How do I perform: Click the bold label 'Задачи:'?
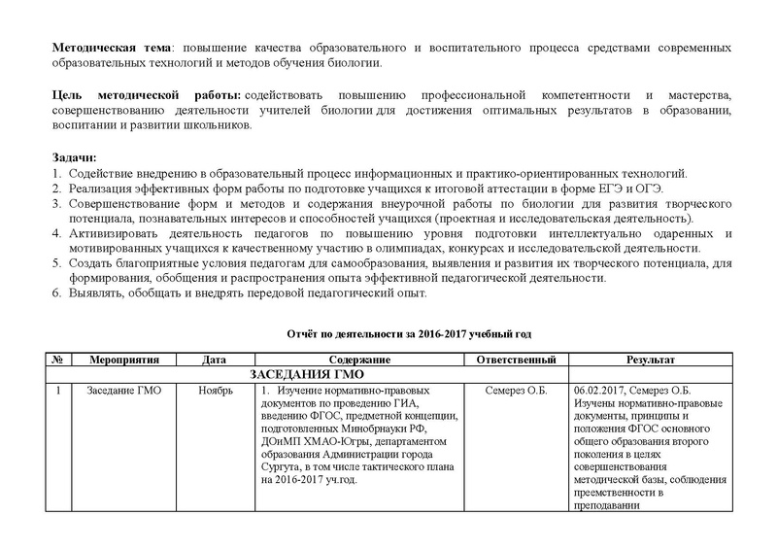point(74,156)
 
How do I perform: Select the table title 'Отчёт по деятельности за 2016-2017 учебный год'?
point(408,333)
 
